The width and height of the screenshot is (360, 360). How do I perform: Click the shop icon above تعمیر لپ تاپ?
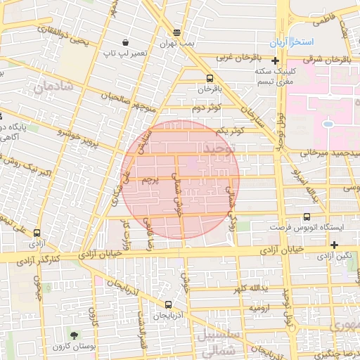pyautogui.click(x=125, y=42)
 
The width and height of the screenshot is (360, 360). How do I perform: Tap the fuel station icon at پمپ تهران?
pyautogui.click(x=176, y=32)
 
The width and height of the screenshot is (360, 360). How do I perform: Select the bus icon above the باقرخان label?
pyautogui.click(x=210, y=79)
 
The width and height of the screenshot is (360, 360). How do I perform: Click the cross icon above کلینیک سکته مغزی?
pyautogui.click(x=275, y=61)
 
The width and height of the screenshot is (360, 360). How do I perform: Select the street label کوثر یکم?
pyautogui.click(x=231, y=131)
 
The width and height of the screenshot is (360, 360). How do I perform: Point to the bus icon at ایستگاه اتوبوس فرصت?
pyautogui.click(x=307, y=217)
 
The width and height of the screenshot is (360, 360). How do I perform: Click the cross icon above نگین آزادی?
pyautogui.click(x=334, y=245)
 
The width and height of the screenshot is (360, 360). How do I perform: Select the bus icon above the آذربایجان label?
pyautogui.click(x=168, y=305)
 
